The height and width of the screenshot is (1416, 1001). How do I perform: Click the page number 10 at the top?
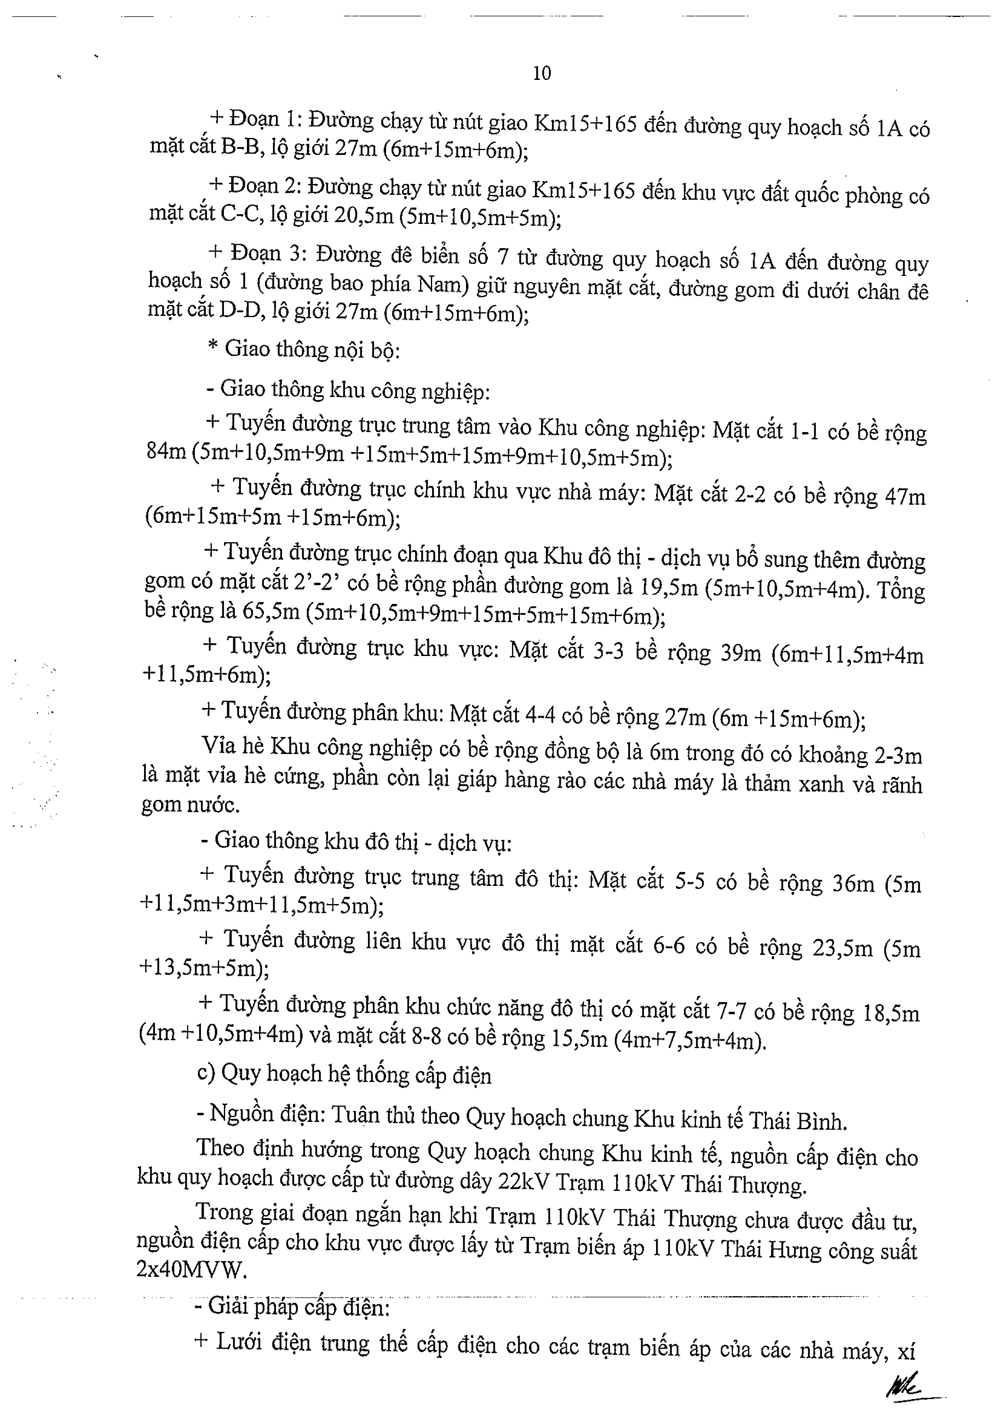click(x=541, y=73)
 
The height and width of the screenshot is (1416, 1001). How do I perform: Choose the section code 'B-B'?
click(x=241, y=147)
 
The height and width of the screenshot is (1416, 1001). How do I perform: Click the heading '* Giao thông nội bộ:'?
click(x=304, y=350)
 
